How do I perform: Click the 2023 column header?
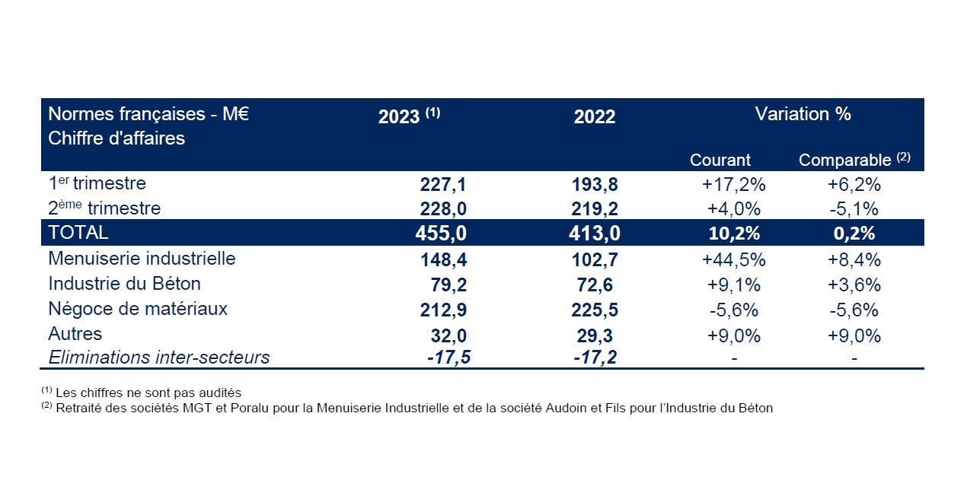pos(409,116)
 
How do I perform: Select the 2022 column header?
pos(594,117)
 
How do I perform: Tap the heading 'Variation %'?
pos(803,114)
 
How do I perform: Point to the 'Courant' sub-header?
pos(720,161)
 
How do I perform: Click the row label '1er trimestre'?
pos(97,183)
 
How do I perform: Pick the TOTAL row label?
pos(78,233)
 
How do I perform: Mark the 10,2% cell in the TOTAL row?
pos(733,234)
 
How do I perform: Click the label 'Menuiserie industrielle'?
pos(142,259)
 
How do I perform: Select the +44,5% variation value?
pos(733,259)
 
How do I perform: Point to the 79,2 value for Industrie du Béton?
pos(449,285)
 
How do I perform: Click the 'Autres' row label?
pos(75,334)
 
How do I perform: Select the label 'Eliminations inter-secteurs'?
pos(158,358)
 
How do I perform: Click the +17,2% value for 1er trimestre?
pos(733,184)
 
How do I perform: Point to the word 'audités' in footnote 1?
pos(220,393)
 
